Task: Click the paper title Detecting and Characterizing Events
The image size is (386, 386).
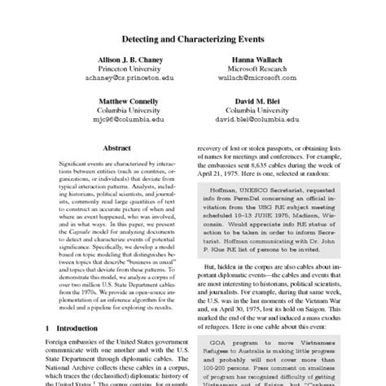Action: click(x=192, y=38)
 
